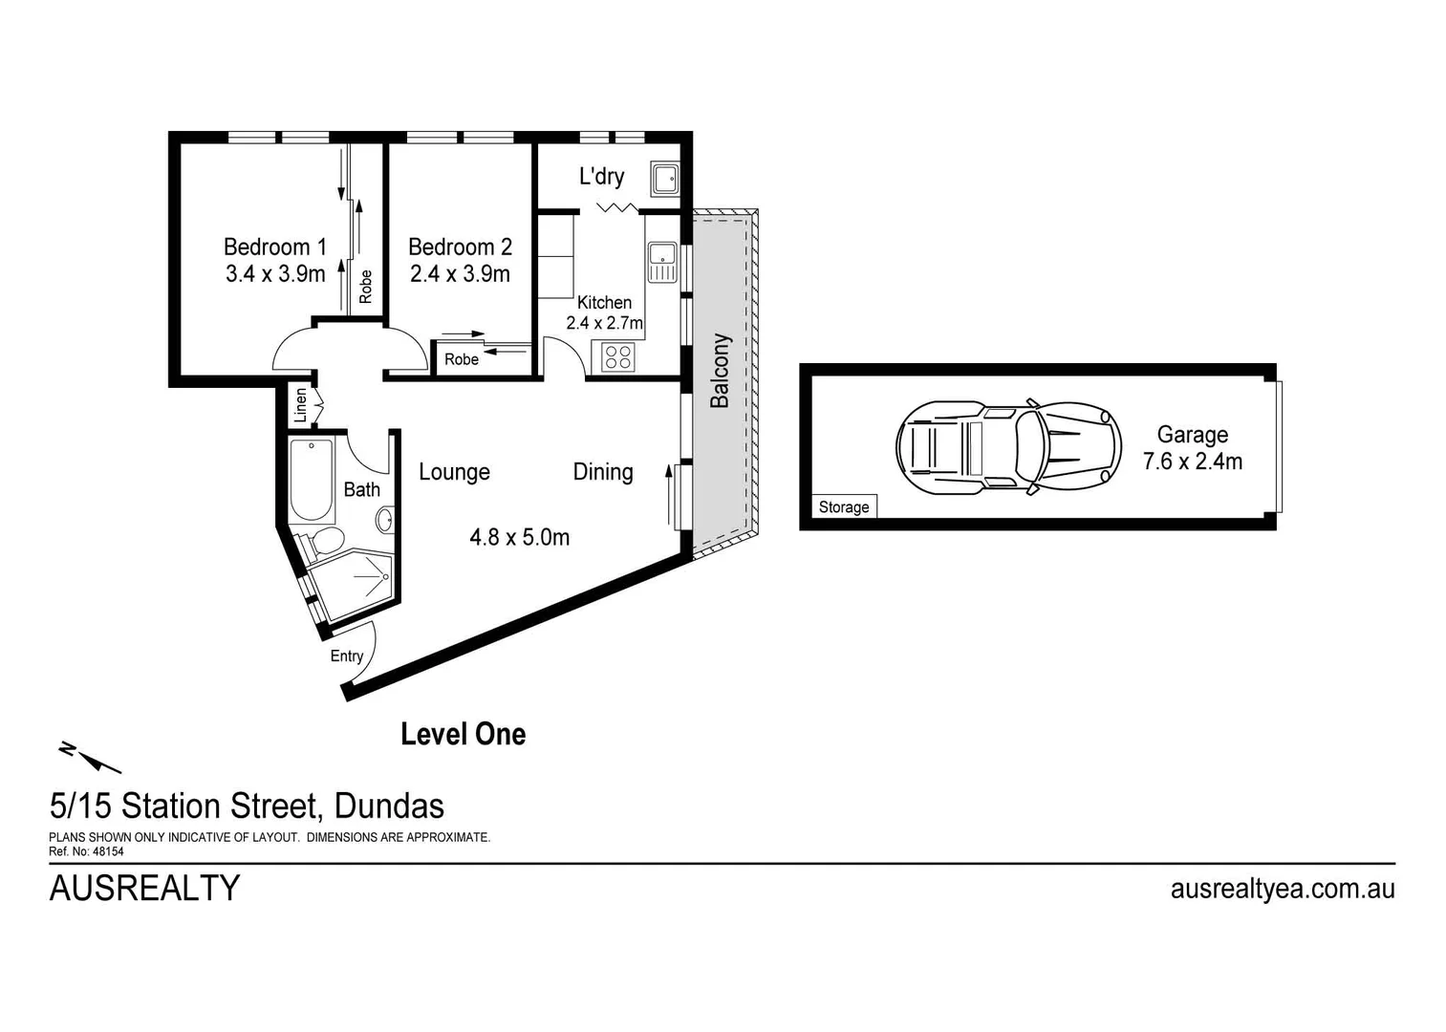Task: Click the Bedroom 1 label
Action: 274,247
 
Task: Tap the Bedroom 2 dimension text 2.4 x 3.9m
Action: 460,274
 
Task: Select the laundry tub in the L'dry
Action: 664,178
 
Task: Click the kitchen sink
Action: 661,262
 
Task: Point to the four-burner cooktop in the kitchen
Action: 618,357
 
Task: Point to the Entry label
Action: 346,656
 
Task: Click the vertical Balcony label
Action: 720,371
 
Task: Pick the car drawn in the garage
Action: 1008,446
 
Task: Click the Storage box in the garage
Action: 844,507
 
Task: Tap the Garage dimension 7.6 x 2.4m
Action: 1192,462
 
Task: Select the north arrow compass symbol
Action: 92,757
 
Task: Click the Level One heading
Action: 463,734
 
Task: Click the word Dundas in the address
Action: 389,806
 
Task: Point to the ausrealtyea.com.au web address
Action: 1282,889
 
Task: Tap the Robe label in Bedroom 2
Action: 462,359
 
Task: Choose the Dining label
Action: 602,472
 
